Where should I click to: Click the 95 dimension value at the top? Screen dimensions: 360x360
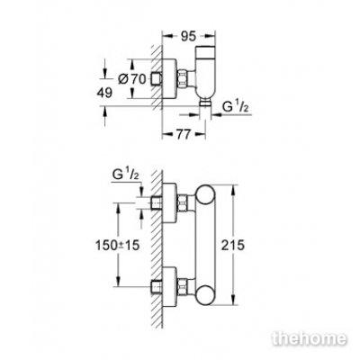click(x=189, y=36)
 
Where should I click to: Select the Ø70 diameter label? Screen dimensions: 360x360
click(x=132, y=79)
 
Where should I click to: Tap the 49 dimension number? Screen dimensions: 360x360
click(x=104, y=93)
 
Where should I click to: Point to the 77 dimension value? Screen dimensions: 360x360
click(x=183, y=135)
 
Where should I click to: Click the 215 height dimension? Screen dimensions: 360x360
click(x=233, y=245)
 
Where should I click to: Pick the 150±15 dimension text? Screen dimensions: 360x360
click(x=118, y=246)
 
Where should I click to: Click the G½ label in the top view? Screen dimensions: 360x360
click(x=236, y=107)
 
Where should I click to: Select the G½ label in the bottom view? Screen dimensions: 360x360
click(x=125, y=175)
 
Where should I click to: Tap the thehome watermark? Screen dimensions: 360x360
click(x=310, y=339)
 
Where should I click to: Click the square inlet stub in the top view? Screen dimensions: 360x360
click(x=157, y=79)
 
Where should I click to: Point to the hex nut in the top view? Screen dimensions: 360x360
click(x=183, y=79)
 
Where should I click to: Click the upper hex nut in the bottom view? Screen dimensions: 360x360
click(x=183, y=203)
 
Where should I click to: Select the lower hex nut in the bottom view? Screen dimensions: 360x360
click(x=183, y=287)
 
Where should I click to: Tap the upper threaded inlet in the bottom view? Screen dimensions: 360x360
click(x=157, y=203)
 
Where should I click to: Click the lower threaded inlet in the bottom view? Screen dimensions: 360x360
click(x=157, y=287)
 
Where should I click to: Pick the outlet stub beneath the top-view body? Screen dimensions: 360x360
click(x=205, y=103)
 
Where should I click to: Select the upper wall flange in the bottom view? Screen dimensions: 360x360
click(x=169, y=203)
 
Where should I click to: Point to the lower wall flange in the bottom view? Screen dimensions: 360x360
click(x=169, y=287)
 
